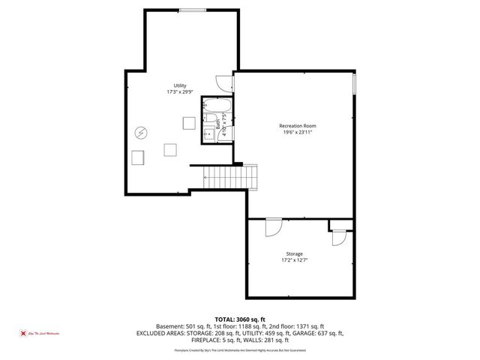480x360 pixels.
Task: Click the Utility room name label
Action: point(180,85)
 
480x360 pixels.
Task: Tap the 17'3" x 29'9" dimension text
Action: point(180,92)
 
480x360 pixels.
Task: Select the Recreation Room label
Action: point(297,124)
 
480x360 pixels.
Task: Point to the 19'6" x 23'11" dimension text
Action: point(297,131)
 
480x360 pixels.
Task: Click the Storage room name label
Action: point(294,254)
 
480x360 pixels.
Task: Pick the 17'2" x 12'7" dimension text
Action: point(294,261)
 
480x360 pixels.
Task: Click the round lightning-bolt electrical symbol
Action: point(141,133)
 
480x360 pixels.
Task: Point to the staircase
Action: point(230,177)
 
